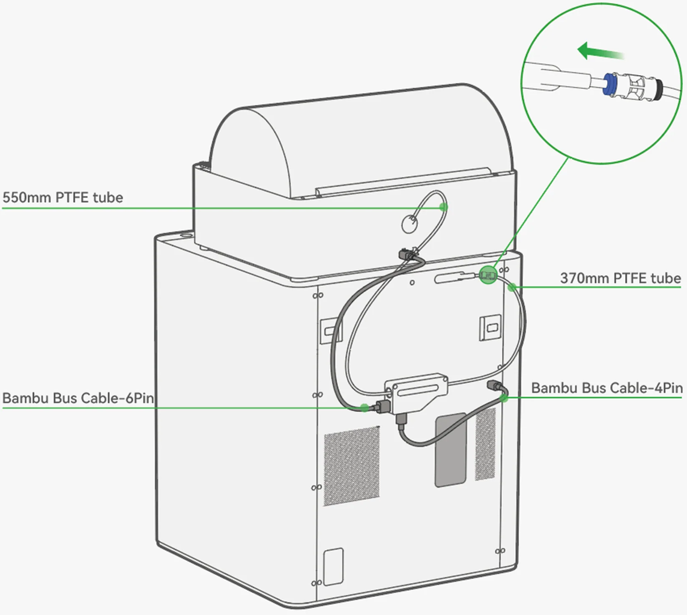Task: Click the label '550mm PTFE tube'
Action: pos(63,198)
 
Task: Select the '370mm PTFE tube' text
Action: pos(620,279)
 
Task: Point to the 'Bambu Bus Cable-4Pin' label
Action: pos(607,388)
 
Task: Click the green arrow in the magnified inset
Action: pos(600,52)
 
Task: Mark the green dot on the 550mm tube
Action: pos(443,207)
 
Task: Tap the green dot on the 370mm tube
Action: pos(511,288)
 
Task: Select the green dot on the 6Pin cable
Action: pos(365,408)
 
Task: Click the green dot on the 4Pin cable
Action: pos(503,396)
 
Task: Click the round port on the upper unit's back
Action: pos(408,224)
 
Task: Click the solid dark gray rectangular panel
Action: pos(451,449)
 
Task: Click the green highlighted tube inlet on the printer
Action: pos(488,276)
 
